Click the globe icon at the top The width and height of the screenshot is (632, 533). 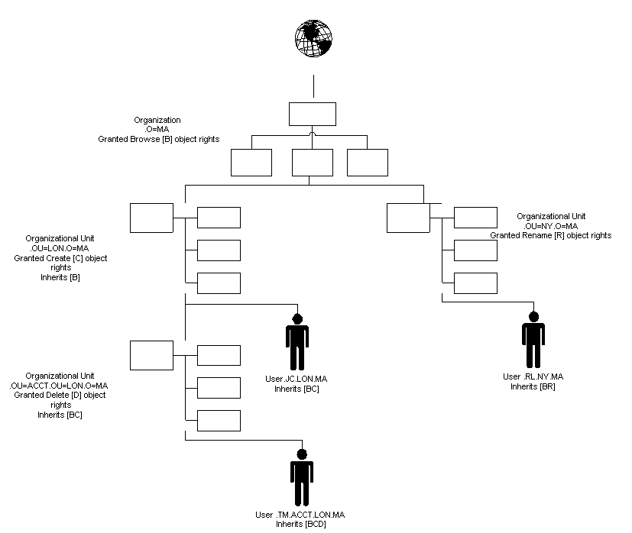[x=314, y=37]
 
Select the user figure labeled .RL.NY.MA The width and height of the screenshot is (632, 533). [x=533, y=341]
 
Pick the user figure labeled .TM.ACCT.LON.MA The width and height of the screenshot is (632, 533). [x=302, y=478]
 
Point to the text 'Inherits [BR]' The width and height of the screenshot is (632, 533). [x=533, y=386]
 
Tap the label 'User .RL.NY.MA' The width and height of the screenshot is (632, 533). [x=533, y=376]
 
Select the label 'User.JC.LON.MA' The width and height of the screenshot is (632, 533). [x=296, y=380]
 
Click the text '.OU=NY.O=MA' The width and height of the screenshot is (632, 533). [x=550, y=226]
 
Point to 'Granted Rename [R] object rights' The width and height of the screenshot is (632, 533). [x=550, y=236]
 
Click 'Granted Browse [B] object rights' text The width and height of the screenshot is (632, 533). [x=158, y=139]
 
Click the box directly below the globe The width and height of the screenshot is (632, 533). [x=313, y=114]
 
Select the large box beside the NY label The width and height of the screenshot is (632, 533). [x=408, y=218]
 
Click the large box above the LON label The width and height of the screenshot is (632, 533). [x=151, y=218]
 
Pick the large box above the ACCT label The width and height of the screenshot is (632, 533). [x=151, y=355]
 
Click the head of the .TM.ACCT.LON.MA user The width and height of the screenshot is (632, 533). [x=302, y=454]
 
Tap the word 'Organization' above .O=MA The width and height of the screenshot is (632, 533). [x=157, y=120]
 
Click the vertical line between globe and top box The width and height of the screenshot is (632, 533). [x=313, y=87]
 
